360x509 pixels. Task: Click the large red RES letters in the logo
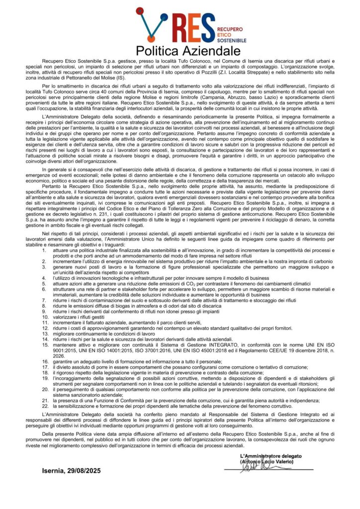pos(190,27)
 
